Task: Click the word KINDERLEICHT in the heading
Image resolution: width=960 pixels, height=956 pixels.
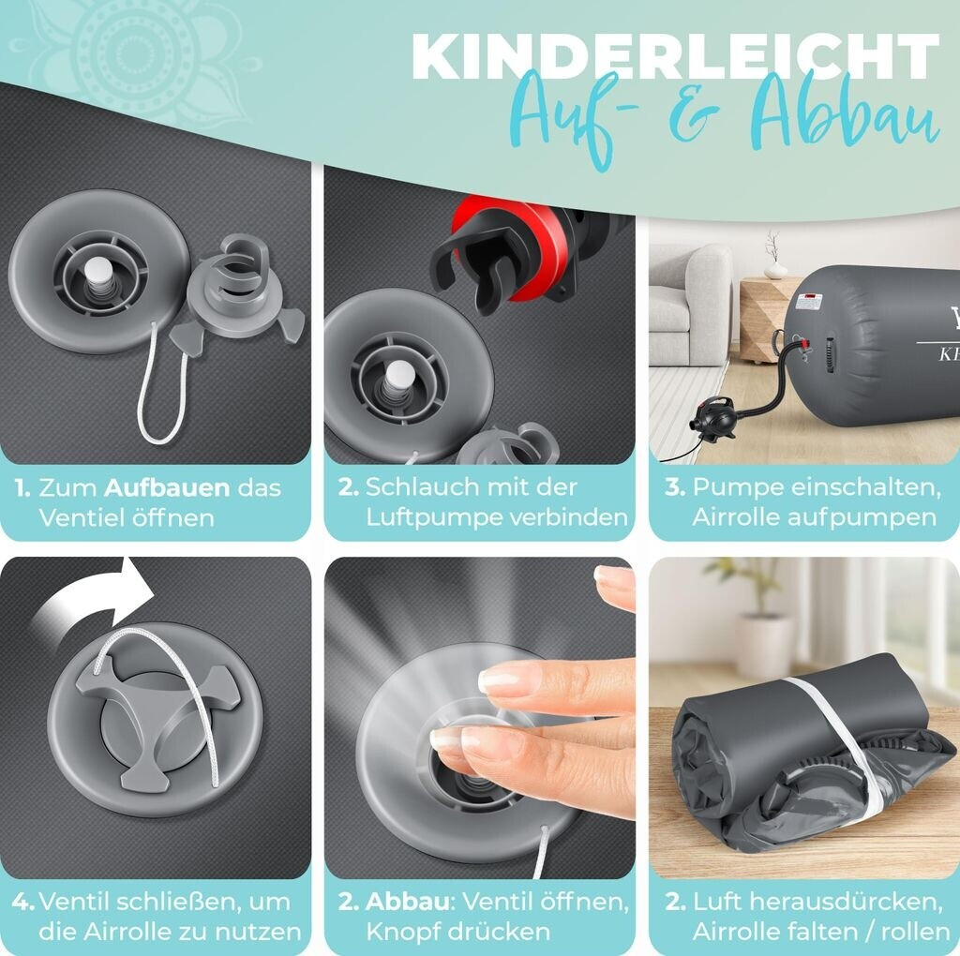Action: point(675,56)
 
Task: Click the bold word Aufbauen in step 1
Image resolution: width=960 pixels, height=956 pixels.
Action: point(167,487)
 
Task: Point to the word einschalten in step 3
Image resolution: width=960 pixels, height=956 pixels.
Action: point(865,487)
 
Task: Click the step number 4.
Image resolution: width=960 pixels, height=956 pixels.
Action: point(23,903)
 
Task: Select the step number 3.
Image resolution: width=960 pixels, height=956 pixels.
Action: point(675,487)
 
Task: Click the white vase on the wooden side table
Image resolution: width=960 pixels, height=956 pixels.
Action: point(775,269)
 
